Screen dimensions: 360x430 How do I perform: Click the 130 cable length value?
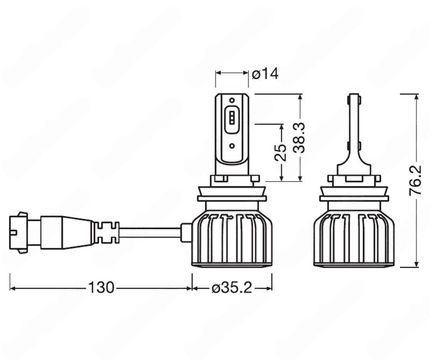(102, 288)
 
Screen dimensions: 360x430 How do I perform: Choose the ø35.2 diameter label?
(232, 288)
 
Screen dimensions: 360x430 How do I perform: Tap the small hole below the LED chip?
(231, 145)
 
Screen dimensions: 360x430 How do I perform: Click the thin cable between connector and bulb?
(150, 232)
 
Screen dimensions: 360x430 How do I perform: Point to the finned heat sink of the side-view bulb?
(357, 236)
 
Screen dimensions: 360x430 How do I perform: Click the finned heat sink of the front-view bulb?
(232, 236)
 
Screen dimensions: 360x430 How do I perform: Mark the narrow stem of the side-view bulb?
(353, 134)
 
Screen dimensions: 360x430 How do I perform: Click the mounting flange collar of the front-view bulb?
(232, 197)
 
